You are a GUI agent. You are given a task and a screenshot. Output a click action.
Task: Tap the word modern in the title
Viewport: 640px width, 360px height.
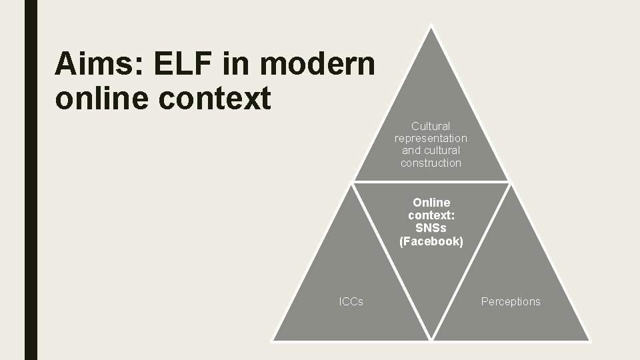pyautogui.click(x=319, y=65)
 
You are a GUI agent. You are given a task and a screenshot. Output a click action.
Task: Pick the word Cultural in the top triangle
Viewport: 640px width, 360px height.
pyautogui.click(x=431, y=126)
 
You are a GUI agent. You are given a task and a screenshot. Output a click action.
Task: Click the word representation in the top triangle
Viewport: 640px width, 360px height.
pyautogui.click(x=431, y=138)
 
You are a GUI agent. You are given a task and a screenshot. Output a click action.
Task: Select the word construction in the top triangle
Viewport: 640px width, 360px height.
pyautogui.click(x=431, y=163)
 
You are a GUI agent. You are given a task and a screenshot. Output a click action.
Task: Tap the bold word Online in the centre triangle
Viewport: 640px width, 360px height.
pyautogui.click(x=431, y=202)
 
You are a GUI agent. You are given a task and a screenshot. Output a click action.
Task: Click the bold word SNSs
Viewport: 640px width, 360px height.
pyautogui.click(x=431, y=228)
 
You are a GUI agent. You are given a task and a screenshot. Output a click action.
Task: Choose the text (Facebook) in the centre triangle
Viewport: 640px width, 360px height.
pyautogui.click(x=431, y=241)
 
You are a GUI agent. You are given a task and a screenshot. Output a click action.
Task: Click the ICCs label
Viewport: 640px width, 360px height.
pyautogui.click(x=351, y=302)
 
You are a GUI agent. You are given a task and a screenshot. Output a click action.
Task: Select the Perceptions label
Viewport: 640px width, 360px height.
pyautogui.click(x=511, y=302)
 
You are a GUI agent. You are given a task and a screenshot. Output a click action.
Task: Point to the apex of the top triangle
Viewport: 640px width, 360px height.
pyautogui.click(x=431, y=27)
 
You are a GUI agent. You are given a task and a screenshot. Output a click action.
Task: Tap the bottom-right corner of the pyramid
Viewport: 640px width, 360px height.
pyautogui.click(x=589, y=339)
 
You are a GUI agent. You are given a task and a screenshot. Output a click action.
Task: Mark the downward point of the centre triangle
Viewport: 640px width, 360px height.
pyautogui.click(x=431, y=338)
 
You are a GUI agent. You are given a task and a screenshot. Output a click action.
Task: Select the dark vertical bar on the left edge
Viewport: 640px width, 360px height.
pyautogui.click(x=31, y=180)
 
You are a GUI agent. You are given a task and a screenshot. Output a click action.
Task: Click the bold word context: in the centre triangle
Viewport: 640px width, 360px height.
pyautogui.click(x=431, y=215)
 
